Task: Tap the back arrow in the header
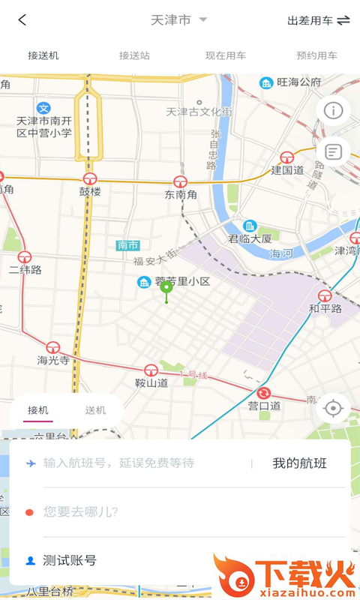22,20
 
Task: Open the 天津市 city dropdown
178,20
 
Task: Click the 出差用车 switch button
319,20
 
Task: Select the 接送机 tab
43,55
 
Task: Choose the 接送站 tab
134,55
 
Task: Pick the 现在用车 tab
226,55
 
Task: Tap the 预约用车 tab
316,55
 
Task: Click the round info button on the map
333,110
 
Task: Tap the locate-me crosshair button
333,408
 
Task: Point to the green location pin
166,288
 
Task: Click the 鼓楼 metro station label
90,191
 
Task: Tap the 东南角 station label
181,193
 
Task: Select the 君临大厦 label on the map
250,238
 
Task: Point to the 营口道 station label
264,405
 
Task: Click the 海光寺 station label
53,360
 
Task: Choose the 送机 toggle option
95,410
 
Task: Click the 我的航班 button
299,463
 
